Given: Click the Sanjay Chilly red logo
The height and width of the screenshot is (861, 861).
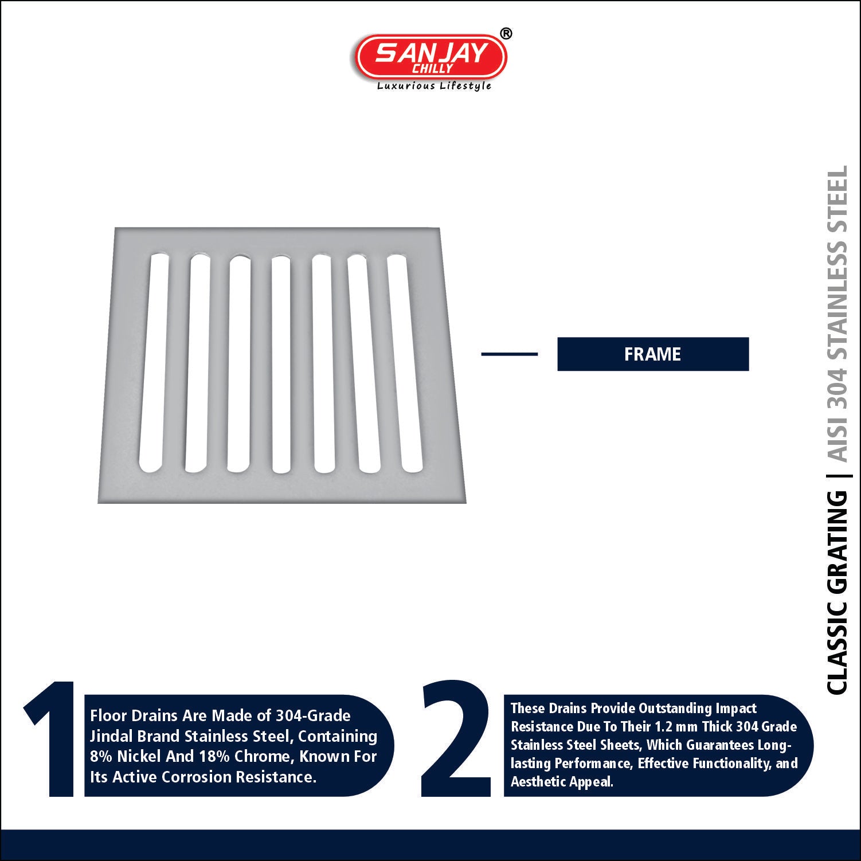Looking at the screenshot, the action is (431, 56).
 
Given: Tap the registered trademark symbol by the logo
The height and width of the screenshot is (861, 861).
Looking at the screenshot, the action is (506, 34).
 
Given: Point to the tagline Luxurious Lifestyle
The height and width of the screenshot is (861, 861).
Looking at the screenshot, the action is (434, 86).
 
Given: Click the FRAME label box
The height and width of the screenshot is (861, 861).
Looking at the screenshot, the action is (653, 354).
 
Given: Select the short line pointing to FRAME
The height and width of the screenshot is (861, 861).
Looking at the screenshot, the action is (509, 354).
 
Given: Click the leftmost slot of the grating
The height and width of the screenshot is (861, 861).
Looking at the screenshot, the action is (154, 363).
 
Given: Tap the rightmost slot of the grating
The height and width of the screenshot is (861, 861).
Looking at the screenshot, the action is (405, 363).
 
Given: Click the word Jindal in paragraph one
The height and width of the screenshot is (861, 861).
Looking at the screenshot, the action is (110, 736).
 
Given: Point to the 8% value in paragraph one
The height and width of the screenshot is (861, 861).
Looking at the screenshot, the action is (101, 756).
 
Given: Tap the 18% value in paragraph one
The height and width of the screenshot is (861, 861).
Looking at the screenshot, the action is (214, 756).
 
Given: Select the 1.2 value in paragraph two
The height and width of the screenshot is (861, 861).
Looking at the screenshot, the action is (663, 726).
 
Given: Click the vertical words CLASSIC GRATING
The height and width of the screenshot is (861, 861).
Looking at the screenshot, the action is (837, 592).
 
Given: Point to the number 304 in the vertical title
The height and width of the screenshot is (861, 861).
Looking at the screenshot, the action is (837, 388).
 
